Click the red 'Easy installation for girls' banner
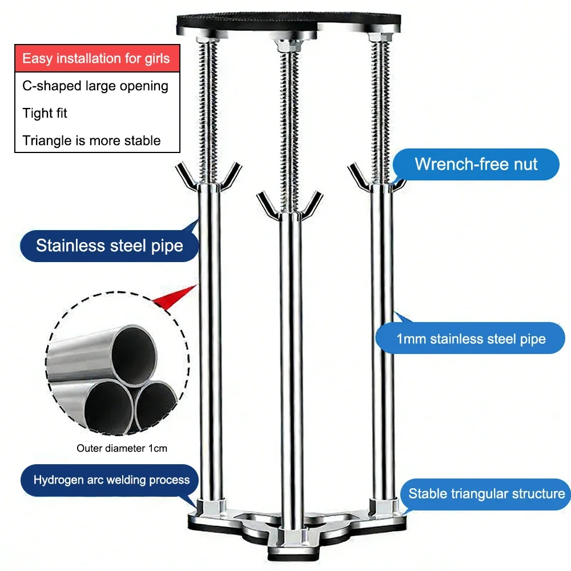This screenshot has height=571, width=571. point(96,58)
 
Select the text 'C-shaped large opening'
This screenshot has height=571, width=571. point(95,86)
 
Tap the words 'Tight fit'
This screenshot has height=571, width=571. point(45,113)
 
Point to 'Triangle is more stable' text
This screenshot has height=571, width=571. point(91,140)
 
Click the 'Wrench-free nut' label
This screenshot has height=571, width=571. point(476,164)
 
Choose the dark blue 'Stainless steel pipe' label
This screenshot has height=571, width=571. point(109,246)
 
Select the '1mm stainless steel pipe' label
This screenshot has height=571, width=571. point(471,339)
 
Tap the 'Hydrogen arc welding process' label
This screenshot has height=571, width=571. point(111,480)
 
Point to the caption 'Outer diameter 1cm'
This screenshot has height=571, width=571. point(122,448)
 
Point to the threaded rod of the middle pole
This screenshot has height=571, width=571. point(288,126)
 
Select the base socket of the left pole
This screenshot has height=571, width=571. point(209,506)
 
